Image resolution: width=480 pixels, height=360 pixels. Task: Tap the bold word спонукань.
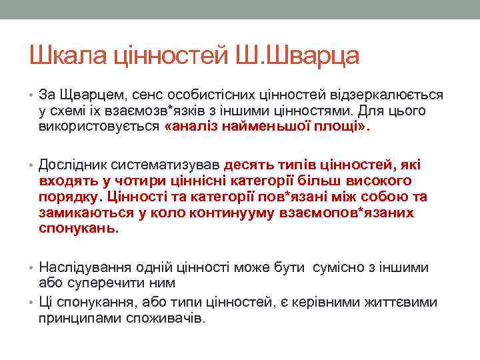tap(78, 228)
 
